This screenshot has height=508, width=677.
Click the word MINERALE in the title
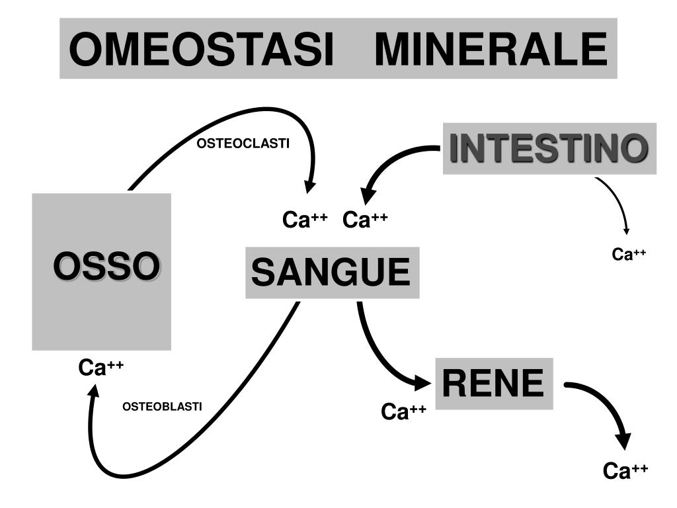pyautogui.click(x=490, y=50)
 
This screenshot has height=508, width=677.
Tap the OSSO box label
pyautogui.click(x=106, y=266)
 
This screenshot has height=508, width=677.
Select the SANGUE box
pyautogui.click(x=332, y=273)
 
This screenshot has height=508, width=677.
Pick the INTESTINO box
pyautogui.click(x=549, y=148)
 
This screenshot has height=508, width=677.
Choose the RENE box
pyautogui.click(x=493, y=383)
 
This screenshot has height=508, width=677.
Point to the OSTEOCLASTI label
pyautogui.click(x=243, y=144)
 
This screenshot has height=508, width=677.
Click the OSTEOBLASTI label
pyautogui.click(x=162, y=406)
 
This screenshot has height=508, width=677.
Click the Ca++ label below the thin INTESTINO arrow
pyautogui.click(x=628, y=254)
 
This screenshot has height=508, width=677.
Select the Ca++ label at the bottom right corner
pyautogui.click(x=625, y=471)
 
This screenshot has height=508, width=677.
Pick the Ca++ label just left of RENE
pyautogui.click(x=403, y=411)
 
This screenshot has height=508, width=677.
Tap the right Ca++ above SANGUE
pyautogui.click(x=365, y=220)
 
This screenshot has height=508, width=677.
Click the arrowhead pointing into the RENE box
pyautogui.click(x=422, y=382)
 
